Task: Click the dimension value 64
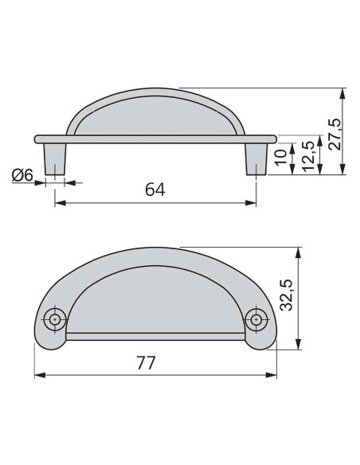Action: (x=157, y=190)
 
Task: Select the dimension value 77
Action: (x=144, y=362)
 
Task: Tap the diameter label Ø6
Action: (x=23, y=175)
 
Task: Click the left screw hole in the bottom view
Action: (x=55, y=320)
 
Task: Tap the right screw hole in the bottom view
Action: (x=256, y=320)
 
